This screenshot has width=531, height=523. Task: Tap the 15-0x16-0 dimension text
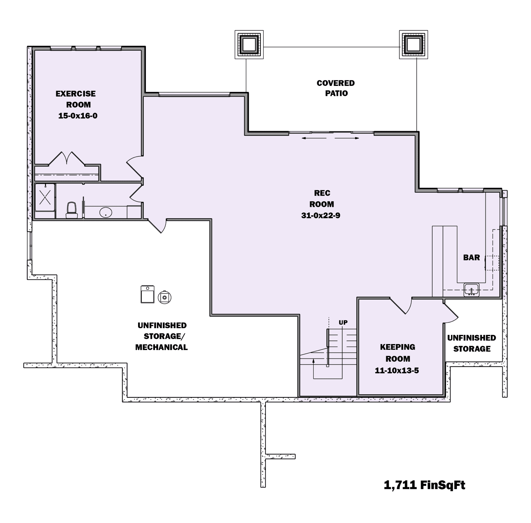(x=78, y=116)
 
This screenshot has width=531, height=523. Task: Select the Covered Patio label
(x=336, y=88)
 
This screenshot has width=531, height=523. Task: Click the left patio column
(x=249, y=45)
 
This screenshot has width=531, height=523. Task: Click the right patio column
(x=413, y=45)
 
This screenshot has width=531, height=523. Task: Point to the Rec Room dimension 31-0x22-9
(x=321, y=215)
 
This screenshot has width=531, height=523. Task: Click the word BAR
(x=472, y=257)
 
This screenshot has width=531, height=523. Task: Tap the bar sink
(x=472, y=290)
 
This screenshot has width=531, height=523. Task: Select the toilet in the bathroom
(x=72, y=210)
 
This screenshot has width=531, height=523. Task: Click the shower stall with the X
(x=45, y=197)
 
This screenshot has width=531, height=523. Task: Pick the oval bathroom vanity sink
(x=106, y=213)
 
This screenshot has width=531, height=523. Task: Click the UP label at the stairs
(x=343, y=322)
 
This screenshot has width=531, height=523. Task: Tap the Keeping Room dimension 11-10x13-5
(x=397, y=371)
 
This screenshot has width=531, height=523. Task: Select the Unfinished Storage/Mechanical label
(x=162, y=336)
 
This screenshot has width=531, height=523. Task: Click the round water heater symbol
(x=164, y=297)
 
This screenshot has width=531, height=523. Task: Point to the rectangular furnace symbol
(x=147, y=294)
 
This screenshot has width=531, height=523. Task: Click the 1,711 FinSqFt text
(x=424, y=485)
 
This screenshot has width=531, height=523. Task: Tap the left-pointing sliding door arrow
(x=314, y=138)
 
